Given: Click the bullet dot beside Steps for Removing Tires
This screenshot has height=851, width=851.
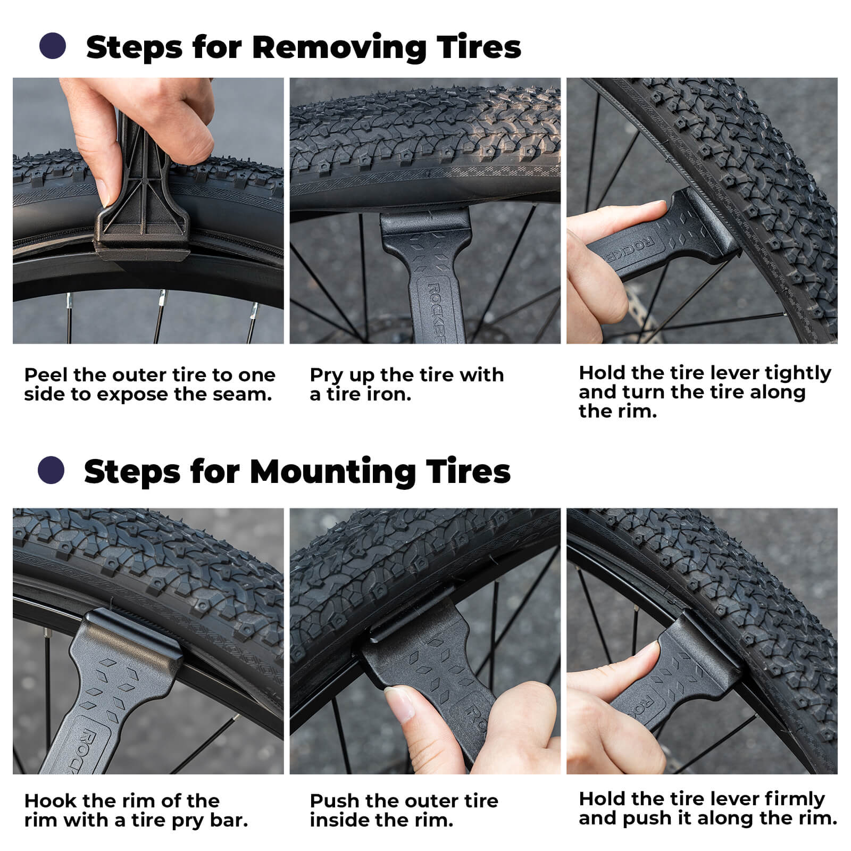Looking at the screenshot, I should [x=53, y=46].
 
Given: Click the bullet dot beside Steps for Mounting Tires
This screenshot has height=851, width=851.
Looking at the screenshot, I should [x=51, y=470].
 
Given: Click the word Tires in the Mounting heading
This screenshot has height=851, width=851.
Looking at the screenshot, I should [x=468, y=472].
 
